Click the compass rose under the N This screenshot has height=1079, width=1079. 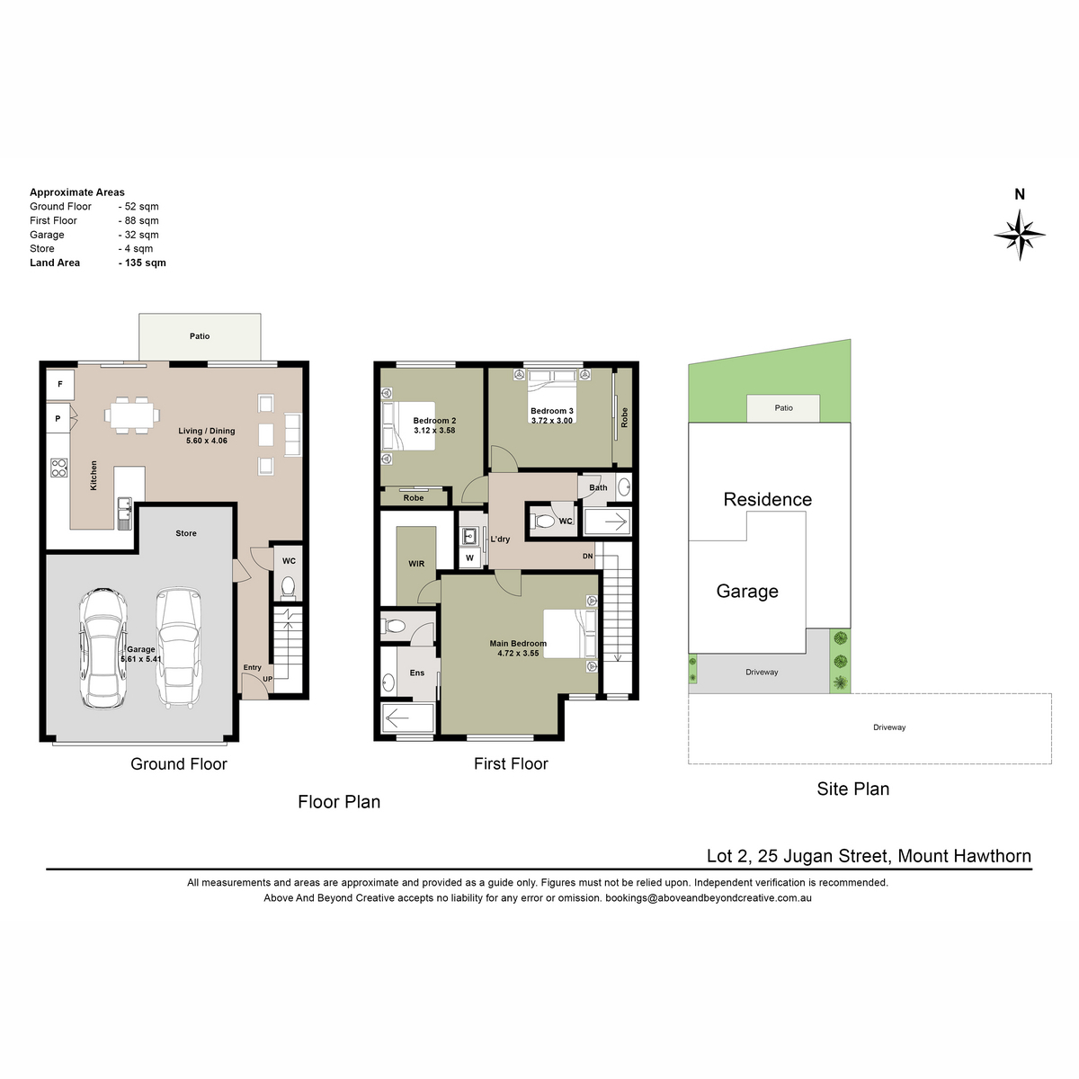click(x=1019, y=235)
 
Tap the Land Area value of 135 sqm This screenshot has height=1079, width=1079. click(x=142, y=263)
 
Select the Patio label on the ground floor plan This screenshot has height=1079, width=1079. click(x=200, y=336)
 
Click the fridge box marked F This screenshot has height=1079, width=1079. click(x=60, y=384)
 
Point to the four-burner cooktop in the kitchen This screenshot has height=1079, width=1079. click(x=59, y=468)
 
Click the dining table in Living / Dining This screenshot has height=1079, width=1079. click(x=131, y=415)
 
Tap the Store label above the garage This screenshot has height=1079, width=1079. click(x=186, y=533)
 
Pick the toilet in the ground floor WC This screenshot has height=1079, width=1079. click(x=288, y=587)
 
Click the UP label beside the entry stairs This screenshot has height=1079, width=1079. click(x=268, y=679)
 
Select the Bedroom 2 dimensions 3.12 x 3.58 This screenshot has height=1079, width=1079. click(x=434, y=431)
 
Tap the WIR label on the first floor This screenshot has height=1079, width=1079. click(x=416, y=564)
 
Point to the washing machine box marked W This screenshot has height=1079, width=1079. click(x=469, y=557)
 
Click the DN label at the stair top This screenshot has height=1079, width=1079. click(x=587, y=556)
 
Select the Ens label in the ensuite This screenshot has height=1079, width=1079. click(x=416, y=673)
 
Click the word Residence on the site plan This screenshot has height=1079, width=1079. click(x=767, y=499)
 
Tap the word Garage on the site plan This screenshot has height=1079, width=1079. click(x=747, y=592)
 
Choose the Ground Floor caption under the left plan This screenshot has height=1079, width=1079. click(x=179, y=763)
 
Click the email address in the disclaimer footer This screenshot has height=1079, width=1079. click(x=709, y=897)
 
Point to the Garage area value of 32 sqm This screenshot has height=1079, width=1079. click(x=138, y=235)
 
